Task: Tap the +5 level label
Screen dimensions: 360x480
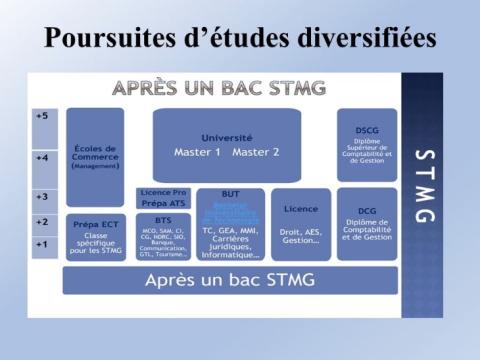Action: click(x=43, y=118)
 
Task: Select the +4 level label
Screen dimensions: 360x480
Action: click(x=43, y=158)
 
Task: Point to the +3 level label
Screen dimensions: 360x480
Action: click(x=43, y=197)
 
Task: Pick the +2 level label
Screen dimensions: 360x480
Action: click(x=43, y=222)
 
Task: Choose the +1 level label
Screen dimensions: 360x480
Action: click(x=43, y=244)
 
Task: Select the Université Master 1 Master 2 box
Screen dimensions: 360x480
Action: click(x=227, y=145)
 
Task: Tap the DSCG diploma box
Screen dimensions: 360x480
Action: click(x=366, y=145)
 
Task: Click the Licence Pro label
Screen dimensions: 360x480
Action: click(x=163, y=191)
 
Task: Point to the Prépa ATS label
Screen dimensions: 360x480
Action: click(x=163, y=203)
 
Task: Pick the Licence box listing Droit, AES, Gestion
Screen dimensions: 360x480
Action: click(x=300, y=224)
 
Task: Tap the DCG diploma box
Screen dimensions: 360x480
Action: click(x=366, y=224)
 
